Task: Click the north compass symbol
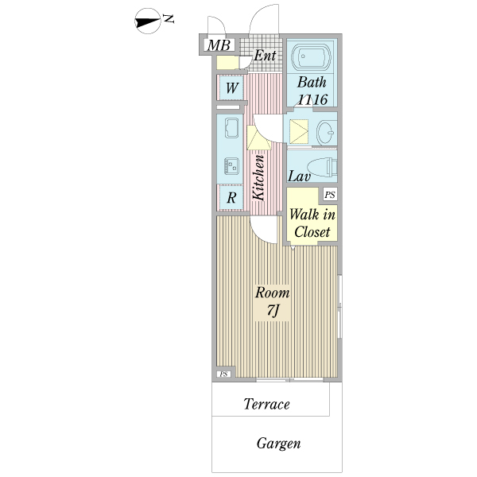point(148,21)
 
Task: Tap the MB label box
point(219,45)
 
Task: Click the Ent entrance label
point(265,56)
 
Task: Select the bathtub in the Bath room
point(311,56)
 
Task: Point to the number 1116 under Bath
point(312,99)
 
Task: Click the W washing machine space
point(231,87)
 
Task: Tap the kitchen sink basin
point(231,128)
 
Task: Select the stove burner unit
point(231,166)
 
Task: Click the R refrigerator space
point(231,198)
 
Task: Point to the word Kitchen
point(258,177)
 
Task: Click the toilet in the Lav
point(322,167)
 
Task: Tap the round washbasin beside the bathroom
point(326,132)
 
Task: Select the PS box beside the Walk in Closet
point(330,195)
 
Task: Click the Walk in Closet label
point(312,223)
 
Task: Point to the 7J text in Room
point(273,310)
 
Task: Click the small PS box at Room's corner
point(223,374)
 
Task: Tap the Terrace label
point(266,404)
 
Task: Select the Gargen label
point(279,444)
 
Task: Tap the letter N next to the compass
point(169,19)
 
